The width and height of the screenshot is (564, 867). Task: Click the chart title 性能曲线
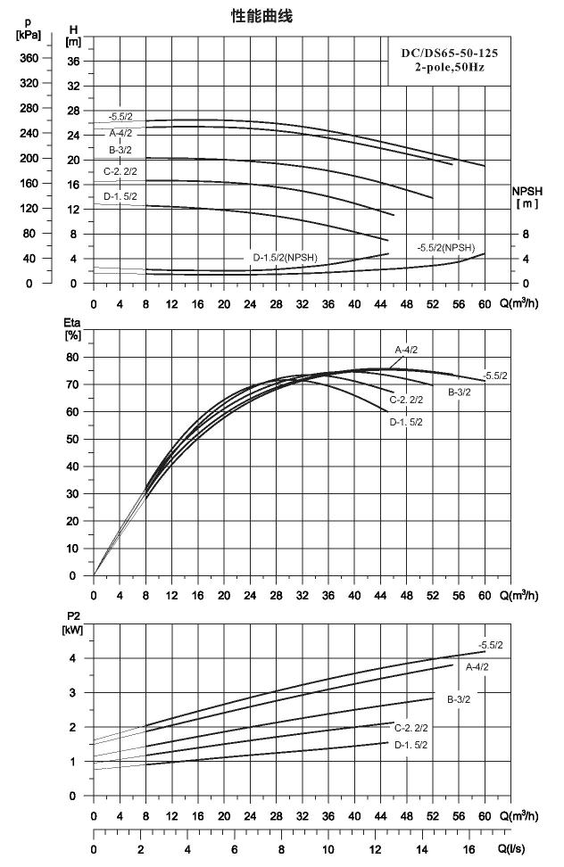click(261, 17)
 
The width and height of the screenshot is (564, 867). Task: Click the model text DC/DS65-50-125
click(449, 54)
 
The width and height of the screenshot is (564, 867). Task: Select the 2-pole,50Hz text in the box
click(450, 68)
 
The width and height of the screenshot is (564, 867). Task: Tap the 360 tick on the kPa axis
click(29, 58)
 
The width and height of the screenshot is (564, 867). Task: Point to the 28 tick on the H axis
click(73, 111)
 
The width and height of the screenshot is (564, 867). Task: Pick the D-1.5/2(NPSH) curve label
click(286, 258)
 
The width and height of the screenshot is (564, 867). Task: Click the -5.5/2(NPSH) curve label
click(445, 248)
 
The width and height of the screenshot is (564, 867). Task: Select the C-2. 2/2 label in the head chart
click(120, 171)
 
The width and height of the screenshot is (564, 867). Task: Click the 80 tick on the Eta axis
click(73, 357)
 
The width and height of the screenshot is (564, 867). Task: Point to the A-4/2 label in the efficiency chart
click(406, 350)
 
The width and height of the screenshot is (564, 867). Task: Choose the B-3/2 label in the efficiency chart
click(460, 392)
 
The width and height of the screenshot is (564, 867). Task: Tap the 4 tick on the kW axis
click(72, 658)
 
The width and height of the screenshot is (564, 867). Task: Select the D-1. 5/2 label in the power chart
click(411, 745)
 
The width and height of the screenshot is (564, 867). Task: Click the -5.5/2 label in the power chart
click(491, 645)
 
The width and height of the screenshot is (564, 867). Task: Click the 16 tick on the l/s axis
click(469, 849)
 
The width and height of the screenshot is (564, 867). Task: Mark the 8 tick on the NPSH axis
click(526, 234)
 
